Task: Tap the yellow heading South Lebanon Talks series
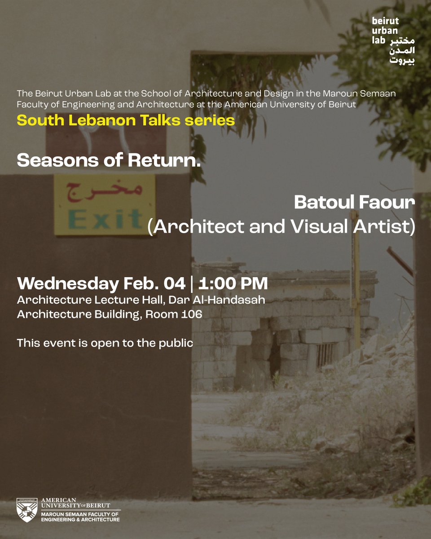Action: (126, 120)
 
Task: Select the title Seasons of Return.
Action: (109, 161)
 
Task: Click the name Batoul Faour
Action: (354, 203)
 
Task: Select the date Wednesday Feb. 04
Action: (101, 284)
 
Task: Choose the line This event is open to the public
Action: (105, 343)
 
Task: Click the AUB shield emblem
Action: (27, 510)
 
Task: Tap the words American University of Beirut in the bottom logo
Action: (81, 503)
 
